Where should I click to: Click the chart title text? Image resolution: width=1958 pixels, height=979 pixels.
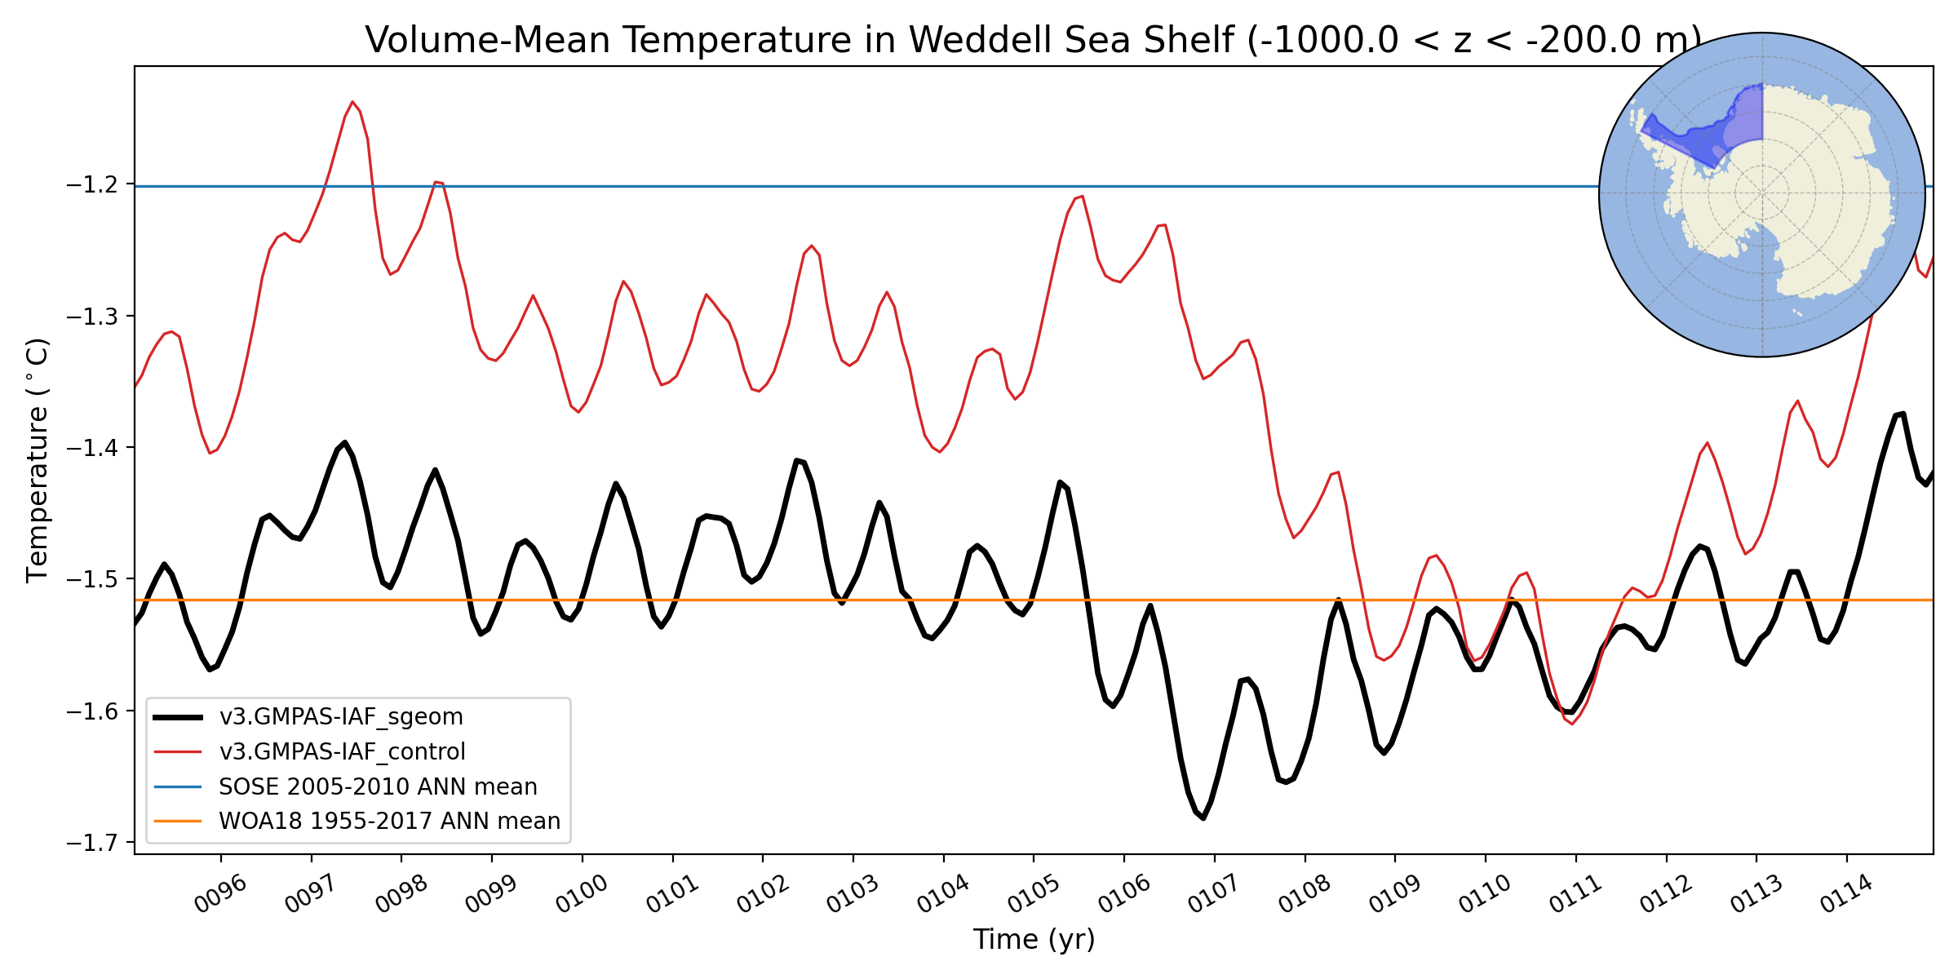click(1033, 40)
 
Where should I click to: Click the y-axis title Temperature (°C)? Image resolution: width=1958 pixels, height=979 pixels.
click(38, 460)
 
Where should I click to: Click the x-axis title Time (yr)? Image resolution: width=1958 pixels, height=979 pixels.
click(1034, 940)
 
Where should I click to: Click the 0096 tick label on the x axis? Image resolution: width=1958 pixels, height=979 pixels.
click(219, 895)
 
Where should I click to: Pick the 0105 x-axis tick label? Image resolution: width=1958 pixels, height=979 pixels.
click(1033, 895)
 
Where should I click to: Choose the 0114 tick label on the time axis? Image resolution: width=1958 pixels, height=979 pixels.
click(1846, 895)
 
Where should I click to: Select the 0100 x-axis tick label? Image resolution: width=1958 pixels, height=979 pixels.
click(581, 895)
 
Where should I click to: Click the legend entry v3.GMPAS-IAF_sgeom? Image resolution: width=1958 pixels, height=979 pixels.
click(341, 717)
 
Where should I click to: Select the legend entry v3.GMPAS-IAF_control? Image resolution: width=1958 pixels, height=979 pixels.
click(342, 751)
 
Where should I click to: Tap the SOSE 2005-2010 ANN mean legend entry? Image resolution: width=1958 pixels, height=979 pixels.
click(378, 786)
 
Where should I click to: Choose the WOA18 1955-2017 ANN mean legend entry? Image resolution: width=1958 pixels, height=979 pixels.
click(389, 821)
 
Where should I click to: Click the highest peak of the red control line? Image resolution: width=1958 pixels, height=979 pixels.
click(352, 102)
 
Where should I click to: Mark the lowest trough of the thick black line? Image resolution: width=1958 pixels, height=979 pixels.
click(1203, 817)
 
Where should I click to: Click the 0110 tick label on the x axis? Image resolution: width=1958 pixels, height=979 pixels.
click(1484, 895)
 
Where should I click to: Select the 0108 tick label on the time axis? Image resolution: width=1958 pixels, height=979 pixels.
click(1304, 895)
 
